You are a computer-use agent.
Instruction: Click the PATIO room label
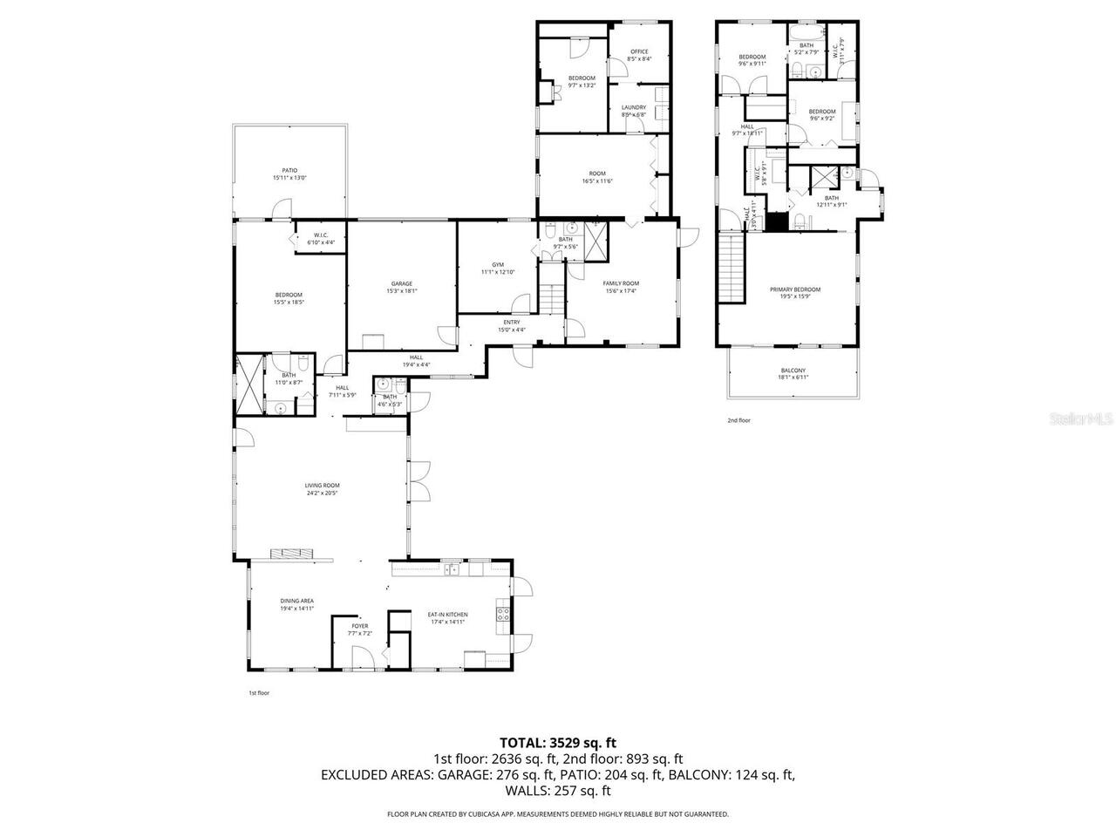[x=289, y=171]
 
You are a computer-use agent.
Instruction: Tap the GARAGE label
[x=401, y=283]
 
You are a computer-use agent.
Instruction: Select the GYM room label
[x=498, y=265]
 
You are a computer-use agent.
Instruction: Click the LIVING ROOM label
[x=322, y=485]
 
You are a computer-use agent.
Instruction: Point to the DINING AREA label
[x=296, y=601]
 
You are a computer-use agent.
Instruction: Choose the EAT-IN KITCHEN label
[x=446, y=615]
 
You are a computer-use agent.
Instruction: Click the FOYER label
[x=359, y=626]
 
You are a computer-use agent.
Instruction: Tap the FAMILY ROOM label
[x=621, y=283]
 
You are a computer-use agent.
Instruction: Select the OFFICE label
[x=639, y=51]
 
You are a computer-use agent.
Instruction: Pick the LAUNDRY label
[x=633, y=107]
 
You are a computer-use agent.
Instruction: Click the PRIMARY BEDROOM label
[x=794, y=289]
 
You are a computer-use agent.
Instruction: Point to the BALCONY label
[x=793, y=371]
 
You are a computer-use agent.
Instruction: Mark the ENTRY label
[x=511, y=322]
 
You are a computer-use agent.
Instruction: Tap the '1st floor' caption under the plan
[x=259, y=693]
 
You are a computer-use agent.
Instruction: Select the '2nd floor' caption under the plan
[x=738, y=420]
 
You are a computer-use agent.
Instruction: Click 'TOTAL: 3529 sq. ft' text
[x=558, y=743]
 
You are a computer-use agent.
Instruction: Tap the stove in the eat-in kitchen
[x=502, y=615]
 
